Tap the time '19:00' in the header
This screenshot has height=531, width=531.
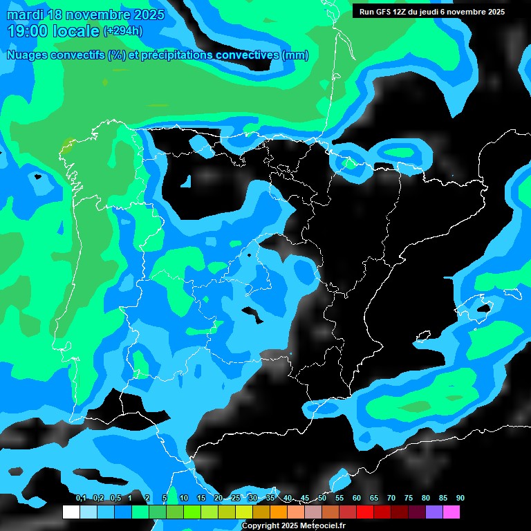[x=28, y=31]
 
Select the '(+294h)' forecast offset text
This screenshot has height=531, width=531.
[x=122, y=31]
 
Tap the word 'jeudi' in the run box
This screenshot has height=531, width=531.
[x=427, y=12]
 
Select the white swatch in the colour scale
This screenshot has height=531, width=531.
[x=71, y=512]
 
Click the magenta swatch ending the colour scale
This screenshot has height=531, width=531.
[x=451, y=512]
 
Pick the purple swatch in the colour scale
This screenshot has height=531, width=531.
[x=434, y=512]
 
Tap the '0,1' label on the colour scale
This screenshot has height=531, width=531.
[x=81, y=499]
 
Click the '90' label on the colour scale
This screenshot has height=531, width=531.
[x=460, y=499]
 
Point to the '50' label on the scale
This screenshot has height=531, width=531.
[x=322, y=499]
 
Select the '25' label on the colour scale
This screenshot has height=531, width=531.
[x=236, y=499]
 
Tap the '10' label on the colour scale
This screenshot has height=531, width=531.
[x=184, y=499]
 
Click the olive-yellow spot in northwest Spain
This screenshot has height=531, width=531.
[x=67, y=145]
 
